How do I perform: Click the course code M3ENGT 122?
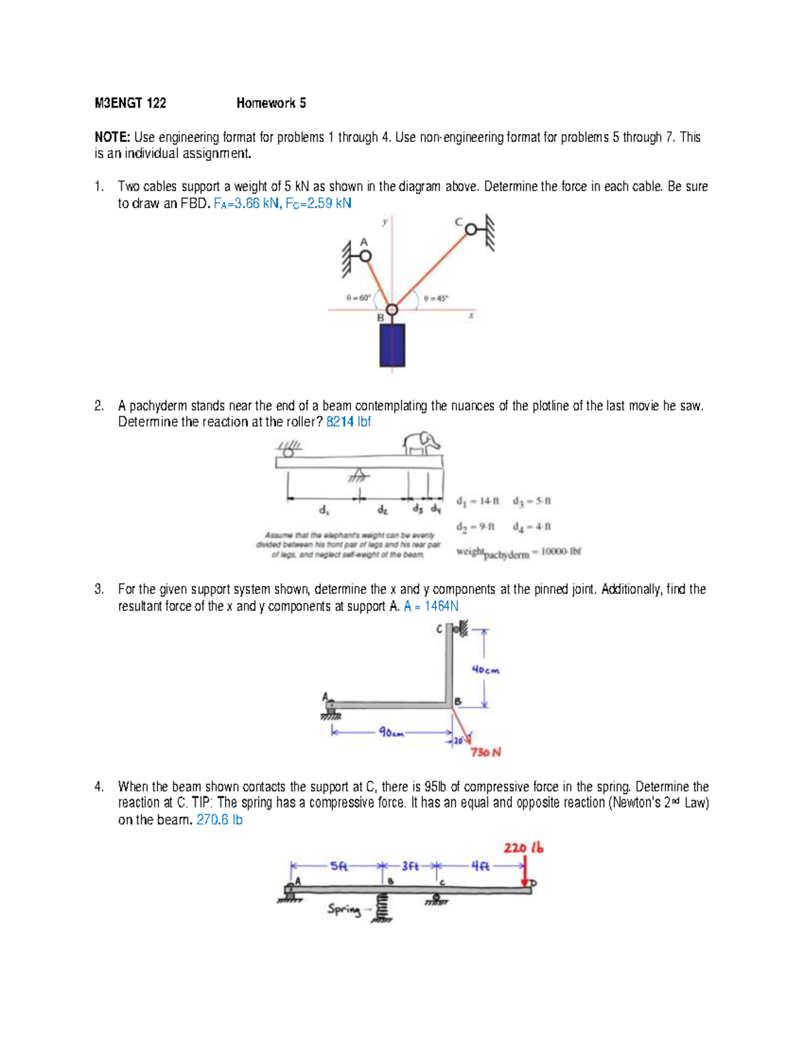(x=130, y=103)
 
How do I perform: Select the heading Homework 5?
(x=271, y=103)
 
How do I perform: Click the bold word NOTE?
(x=112, y=137)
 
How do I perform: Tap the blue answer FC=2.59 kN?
(x=318, y=204)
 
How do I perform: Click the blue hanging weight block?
(x=392, y=345)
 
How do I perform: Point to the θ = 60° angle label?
(x=358, y=298)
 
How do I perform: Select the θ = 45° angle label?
(x=436, y=299)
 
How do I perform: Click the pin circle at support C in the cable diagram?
(x=471, y=230)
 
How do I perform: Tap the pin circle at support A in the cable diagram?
(x=365, y=256)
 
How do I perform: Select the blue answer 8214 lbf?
(x=348, y=422)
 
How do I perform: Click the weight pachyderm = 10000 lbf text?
(x=518, y=552)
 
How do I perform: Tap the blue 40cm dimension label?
(x=485, y=670)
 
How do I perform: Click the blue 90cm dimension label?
(x=391, y=733)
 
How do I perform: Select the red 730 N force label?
(x=485, y=752)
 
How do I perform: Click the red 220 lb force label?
(x=523, y=848)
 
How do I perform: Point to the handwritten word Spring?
(x=343, y=909)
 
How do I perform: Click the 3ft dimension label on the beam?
(x=410, y=866)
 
